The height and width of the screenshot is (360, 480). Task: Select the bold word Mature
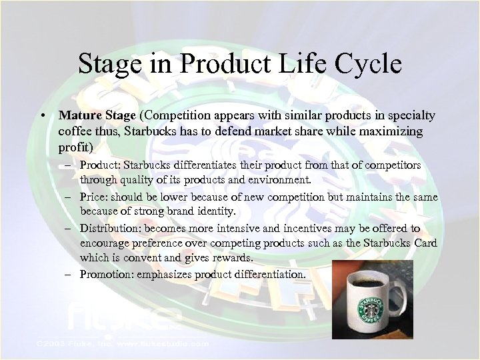coord(77,116)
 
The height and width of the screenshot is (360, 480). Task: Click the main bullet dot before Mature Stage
coord(42,116)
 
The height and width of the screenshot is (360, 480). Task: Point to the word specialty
coord(410,116)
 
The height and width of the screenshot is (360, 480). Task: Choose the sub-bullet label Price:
coord(94,197)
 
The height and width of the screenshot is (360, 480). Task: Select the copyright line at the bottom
coord(113,344)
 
